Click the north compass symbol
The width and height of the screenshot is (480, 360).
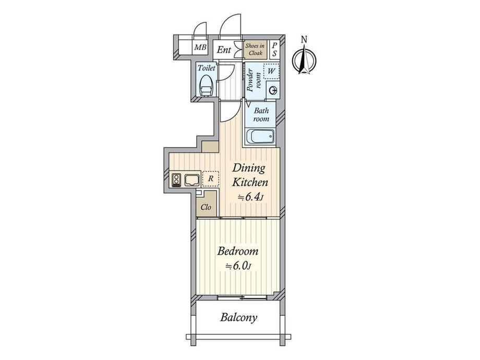click(304, 59)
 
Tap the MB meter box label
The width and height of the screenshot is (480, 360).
click(200, 47)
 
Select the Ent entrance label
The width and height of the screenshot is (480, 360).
click(224, 50)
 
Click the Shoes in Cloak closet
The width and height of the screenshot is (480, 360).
click(255, 49)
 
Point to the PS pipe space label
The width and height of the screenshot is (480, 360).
click(274, 49)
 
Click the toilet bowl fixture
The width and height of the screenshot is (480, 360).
click(206, 86)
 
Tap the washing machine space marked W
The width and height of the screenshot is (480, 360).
click(271, 71)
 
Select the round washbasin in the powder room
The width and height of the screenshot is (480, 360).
click(272, 90)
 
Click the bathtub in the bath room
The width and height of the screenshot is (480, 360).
click(260, 136)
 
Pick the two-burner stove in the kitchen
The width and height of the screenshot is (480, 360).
click(176, 180)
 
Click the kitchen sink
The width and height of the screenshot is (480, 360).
click(192, 180)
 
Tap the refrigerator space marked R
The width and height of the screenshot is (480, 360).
click(211, 178)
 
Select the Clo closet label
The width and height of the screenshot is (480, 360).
click(206, 207)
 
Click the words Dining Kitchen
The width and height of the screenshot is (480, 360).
click(249, 175)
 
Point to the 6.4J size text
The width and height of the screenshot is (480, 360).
click(251, 197)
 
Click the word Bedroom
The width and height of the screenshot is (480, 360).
click(238, 251)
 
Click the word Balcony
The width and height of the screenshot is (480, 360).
click(239, 317)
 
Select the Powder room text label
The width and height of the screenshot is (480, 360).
click(254, 80)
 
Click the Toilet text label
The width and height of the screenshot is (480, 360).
click(206, 68)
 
